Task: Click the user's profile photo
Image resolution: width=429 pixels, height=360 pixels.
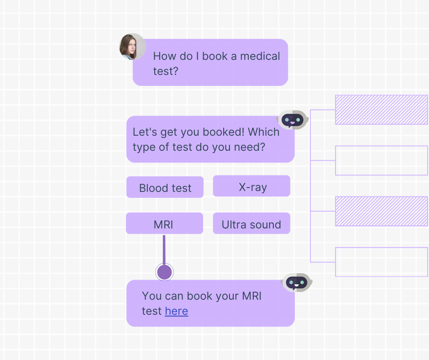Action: [x=132, y=47]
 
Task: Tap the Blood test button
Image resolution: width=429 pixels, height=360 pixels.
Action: [x=165, y=187]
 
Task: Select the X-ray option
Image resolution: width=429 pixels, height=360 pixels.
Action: [x=252, y=186]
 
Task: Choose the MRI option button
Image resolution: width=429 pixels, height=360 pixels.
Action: [x=164, y=223]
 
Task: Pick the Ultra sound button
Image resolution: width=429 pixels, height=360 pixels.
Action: [x=251, y=223]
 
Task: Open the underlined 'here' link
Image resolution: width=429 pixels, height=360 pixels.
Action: [x=176, y=311]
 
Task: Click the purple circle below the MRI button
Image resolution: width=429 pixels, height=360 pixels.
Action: [x=164, y=272]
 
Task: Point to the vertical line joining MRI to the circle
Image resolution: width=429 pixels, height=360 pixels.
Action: [x=164, y=249]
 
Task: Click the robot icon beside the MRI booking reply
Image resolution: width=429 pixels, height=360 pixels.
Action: [x=296, y=283]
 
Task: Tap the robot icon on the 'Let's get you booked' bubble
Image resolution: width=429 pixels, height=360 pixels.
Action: [x=293, y=120]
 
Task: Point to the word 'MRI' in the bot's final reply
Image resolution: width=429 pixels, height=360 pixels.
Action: [x=251, y=296]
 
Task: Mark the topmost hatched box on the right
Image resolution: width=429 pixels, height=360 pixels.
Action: [x=382, y=110]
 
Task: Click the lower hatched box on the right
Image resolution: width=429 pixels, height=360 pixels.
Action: [x=382, y=211]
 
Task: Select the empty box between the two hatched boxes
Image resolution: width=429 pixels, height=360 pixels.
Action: [x=382, y=160]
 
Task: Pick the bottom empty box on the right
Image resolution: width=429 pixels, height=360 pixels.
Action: [x=382, y=262]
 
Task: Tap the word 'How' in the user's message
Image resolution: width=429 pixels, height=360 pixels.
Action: [x=164, y=56]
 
